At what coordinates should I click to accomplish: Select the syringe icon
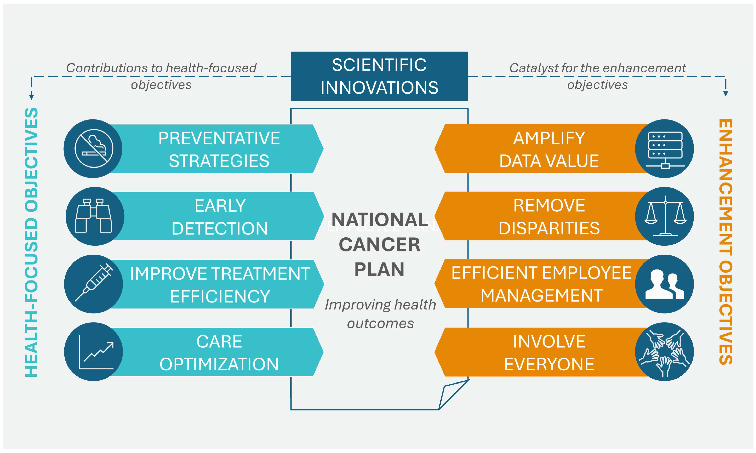pyautogui.click(x=94, y=282)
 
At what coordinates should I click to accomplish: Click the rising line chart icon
pyautogui.click(x=96, y=352)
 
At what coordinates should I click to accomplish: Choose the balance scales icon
pyautogui.click(x=665, y=216)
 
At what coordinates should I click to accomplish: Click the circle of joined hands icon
pyautogui.click(x=664, y=352)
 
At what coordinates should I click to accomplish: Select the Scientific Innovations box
pyautogui.click(x=379, y=76)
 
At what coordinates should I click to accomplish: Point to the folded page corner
pyautogui.click(x=453, y=394)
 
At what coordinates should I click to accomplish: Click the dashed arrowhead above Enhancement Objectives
pyautogui.click(x=725, y=93)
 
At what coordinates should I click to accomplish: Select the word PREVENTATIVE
pyautogui.click(x=219, y=138)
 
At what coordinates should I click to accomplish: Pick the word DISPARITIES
pyautogui.click(x=549, y=228)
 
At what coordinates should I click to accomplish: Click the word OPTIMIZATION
pyautogui.click(x=219, y=364)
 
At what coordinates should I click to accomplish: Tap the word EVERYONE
pyautogui.click(x=549, y=364)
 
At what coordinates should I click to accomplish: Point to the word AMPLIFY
pyautogui.click(x=549, y=138)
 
